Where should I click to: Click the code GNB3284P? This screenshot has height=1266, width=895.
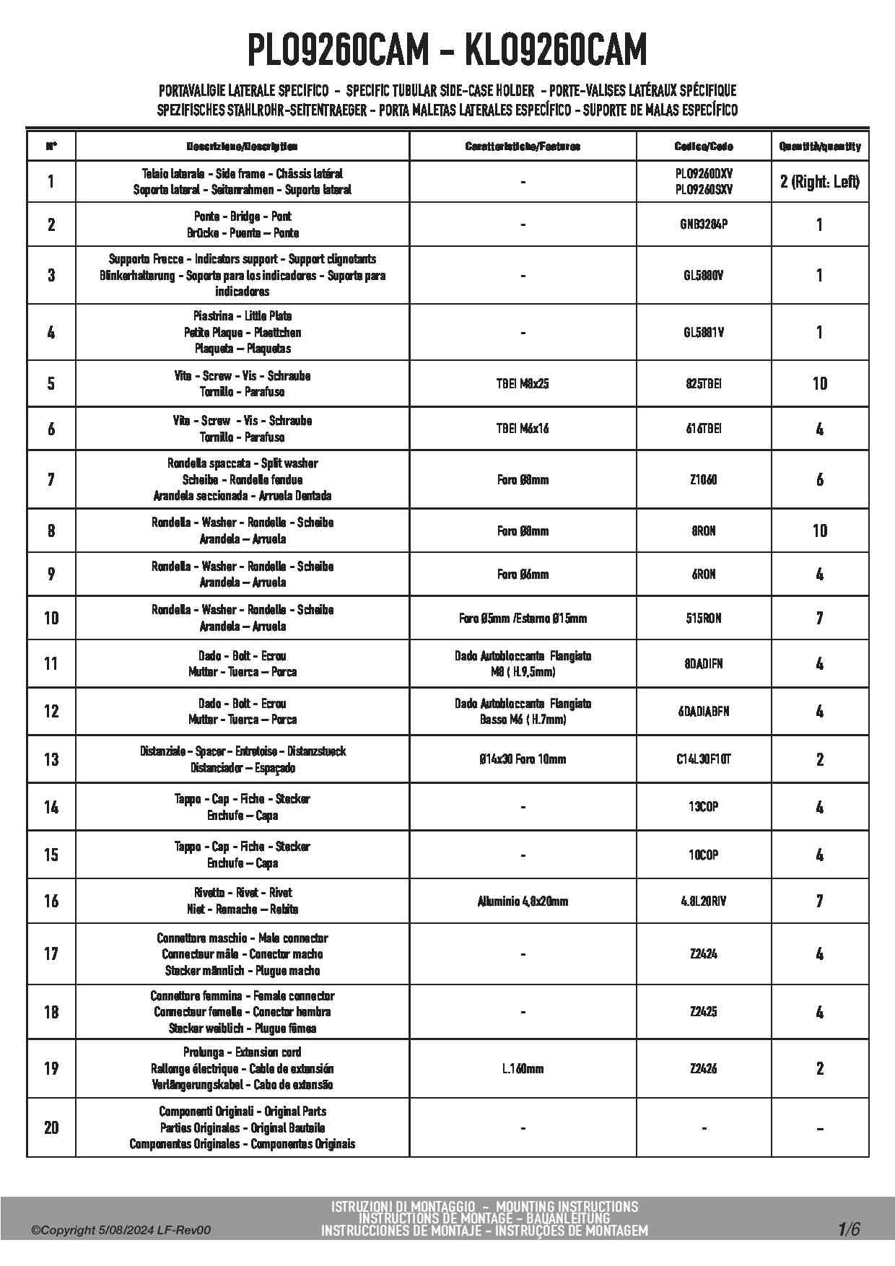tap(703, 224)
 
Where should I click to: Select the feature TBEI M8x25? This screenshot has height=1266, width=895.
tap(523, 384)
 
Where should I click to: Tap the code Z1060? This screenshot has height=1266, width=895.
tap(703, 480)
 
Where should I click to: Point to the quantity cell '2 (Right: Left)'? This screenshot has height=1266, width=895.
tap(819, 182)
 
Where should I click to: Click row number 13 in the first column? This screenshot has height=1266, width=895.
tap(51, 759)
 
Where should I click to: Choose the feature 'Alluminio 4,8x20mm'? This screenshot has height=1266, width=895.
tap(523, 902)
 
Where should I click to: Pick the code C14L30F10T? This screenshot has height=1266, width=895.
tap(703, 759)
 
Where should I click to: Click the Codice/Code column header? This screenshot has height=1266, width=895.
tap(703, 147)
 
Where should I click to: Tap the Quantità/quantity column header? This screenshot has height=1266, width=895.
tap(819, 147)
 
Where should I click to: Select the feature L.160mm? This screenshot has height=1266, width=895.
tap(523, 1069)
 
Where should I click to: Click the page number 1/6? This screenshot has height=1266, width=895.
tap(849, 1229)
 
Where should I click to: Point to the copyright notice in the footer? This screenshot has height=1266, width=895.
tap(121, 1231)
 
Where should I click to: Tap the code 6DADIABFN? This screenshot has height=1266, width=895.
tap(703, 712)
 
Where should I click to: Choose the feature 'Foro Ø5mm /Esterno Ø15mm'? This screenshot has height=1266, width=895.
tap(523, 619)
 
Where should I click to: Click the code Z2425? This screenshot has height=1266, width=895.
tap(703, 1012)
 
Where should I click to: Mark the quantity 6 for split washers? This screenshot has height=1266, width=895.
tap(819, 480)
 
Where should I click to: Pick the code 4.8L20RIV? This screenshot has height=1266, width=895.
tap(703, 902)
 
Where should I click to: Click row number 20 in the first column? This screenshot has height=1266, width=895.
tap(51, 1127)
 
